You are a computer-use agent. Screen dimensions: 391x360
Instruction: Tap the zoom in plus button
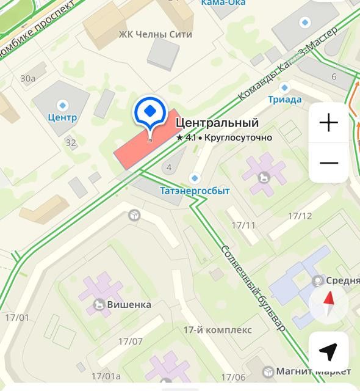click(329, 123)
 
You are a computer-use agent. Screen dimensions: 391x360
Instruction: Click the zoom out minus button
click(329, 163)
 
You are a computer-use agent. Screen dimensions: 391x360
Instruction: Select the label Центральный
click(217, 123)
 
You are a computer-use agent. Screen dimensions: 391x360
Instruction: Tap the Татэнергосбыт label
click(195, 191)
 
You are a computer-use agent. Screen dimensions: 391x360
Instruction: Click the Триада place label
click(284, 100)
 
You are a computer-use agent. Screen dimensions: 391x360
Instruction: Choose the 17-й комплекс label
click(217, 330)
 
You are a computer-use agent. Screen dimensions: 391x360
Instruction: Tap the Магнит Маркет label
click(313, 371)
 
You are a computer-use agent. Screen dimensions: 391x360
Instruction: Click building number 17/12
click(300, 216)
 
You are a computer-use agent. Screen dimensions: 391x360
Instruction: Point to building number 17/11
click(243, 225)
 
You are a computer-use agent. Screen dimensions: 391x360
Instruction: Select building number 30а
click(27, 78)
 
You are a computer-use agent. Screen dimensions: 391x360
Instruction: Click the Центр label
click(63, 117)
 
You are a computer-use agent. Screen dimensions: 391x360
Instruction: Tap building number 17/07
click(131, 342)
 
